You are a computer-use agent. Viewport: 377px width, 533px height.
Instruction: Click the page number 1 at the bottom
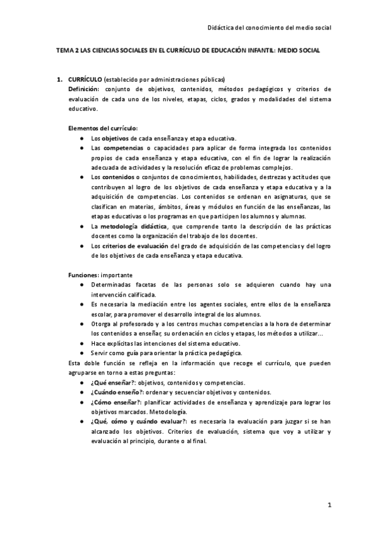tap(329, 505)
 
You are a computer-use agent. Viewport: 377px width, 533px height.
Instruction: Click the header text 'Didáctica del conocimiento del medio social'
tap(269, 27)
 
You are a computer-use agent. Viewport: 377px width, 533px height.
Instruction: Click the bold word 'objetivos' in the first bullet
tap(116, 138)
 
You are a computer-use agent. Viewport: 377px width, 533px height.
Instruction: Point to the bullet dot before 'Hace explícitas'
tap(83, 343)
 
